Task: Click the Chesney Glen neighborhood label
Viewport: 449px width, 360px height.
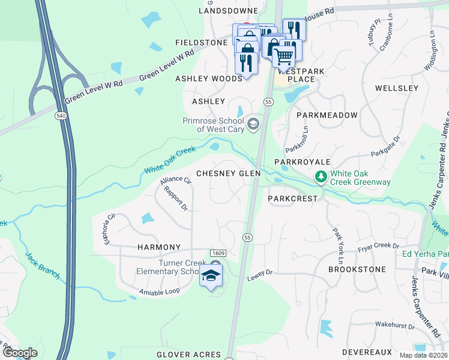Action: pos(236,173)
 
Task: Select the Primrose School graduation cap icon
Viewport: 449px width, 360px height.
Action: pos(253,124)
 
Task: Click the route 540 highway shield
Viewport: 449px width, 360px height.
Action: pos(60,115)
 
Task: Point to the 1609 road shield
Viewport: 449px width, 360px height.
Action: pos(217,254)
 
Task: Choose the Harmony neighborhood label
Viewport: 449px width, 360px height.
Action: pos(159,247)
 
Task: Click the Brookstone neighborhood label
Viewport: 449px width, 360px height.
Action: pos(357,270)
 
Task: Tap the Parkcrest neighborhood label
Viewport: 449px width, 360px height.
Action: pos(292,199)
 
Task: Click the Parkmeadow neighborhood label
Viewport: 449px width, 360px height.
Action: pos(327,115)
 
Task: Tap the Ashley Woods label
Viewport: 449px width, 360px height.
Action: pos(208,79)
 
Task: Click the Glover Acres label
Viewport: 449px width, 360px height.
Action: pos(189,355)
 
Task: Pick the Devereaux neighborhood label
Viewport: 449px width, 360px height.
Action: pos(367,352)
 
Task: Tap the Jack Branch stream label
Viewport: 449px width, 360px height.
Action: pos(43,266)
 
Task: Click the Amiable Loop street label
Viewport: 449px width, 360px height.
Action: pos(159,292)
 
